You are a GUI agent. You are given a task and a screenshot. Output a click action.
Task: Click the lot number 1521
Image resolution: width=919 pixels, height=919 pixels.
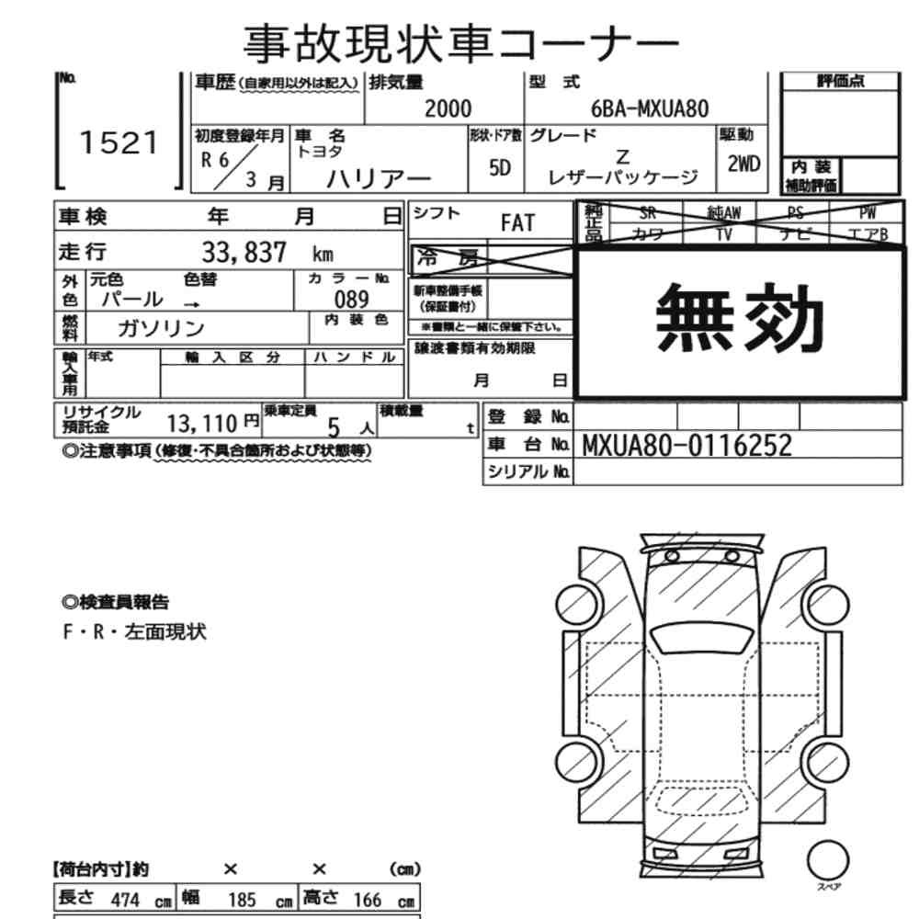coord(119,143)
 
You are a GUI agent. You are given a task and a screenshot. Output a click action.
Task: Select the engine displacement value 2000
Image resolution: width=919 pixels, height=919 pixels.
coord(448,109)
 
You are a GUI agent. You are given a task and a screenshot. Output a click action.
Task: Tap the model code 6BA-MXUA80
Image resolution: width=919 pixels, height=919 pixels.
coord(650,109)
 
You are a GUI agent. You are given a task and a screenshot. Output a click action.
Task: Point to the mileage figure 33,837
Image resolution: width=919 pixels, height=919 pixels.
coord(244,253)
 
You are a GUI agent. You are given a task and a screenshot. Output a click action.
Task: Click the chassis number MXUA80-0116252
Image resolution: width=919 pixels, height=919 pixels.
coord(686,446)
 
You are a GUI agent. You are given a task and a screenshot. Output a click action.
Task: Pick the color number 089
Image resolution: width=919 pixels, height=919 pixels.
coord(351,300)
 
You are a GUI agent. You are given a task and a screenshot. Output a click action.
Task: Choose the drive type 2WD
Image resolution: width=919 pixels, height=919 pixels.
coord(743,165)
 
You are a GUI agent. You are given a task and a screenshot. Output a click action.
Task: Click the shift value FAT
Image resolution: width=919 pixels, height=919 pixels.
coord(517,223)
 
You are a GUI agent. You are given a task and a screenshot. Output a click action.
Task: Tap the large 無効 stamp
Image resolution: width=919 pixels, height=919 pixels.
coord(740,318)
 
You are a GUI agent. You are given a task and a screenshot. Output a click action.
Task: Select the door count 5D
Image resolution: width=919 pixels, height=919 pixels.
coord(500,169)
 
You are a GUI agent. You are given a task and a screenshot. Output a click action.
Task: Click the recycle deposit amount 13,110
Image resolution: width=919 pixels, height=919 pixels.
coord(202,423)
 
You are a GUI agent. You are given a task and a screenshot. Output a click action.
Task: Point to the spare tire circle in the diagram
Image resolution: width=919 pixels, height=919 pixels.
coord(828,860)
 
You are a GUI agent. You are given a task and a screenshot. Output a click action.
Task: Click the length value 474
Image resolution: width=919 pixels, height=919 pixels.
coord(125,900)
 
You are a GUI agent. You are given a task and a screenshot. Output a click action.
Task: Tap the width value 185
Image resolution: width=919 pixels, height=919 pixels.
coord(242,900)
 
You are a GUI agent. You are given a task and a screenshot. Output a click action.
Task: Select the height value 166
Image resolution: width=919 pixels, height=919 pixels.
coord(368,900)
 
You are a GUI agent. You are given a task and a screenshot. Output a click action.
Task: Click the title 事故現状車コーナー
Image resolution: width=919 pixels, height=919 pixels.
coord(460,44)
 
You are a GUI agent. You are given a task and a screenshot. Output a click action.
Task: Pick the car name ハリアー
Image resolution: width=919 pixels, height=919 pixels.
coord(379,178)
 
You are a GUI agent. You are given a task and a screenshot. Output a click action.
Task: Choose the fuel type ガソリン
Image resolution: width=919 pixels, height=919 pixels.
coord(161,328)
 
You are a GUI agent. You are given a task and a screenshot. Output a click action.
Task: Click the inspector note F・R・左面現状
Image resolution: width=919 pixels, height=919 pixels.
coord(134,632)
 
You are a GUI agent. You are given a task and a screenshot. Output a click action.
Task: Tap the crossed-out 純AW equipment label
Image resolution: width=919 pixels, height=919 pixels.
coord(724,213)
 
